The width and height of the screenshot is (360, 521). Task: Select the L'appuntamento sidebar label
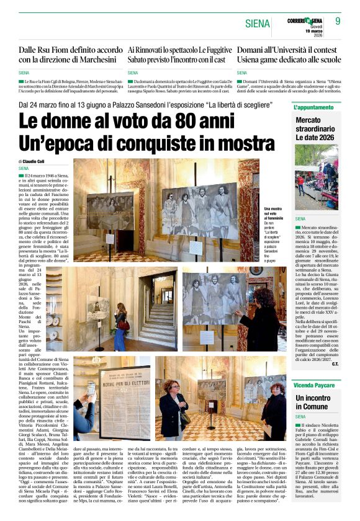point(313,107)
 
